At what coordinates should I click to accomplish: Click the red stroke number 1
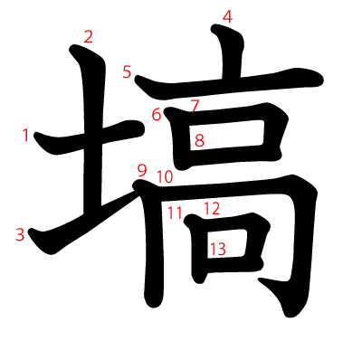point(25,136)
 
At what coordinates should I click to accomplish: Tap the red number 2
point(88,37)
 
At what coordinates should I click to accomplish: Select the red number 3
point(20,235)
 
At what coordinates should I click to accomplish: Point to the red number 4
point(227,16)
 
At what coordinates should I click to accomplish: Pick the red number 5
point(127,72)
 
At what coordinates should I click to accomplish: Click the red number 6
point(156,115)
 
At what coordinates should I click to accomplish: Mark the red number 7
point(195,106)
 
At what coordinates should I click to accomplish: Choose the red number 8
point(199,140)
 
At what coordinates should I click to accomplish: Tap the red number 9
point(141,169)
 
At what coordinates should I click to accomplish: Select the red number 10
point(164,177)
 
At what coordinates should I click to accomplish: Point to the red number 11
point(175,213)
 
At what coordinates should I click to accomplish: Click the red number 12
point(212,209)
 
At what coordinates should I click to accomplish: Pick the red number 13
point(217,248)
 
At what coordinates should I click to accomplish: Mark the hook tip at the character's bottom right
point(291,312)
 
